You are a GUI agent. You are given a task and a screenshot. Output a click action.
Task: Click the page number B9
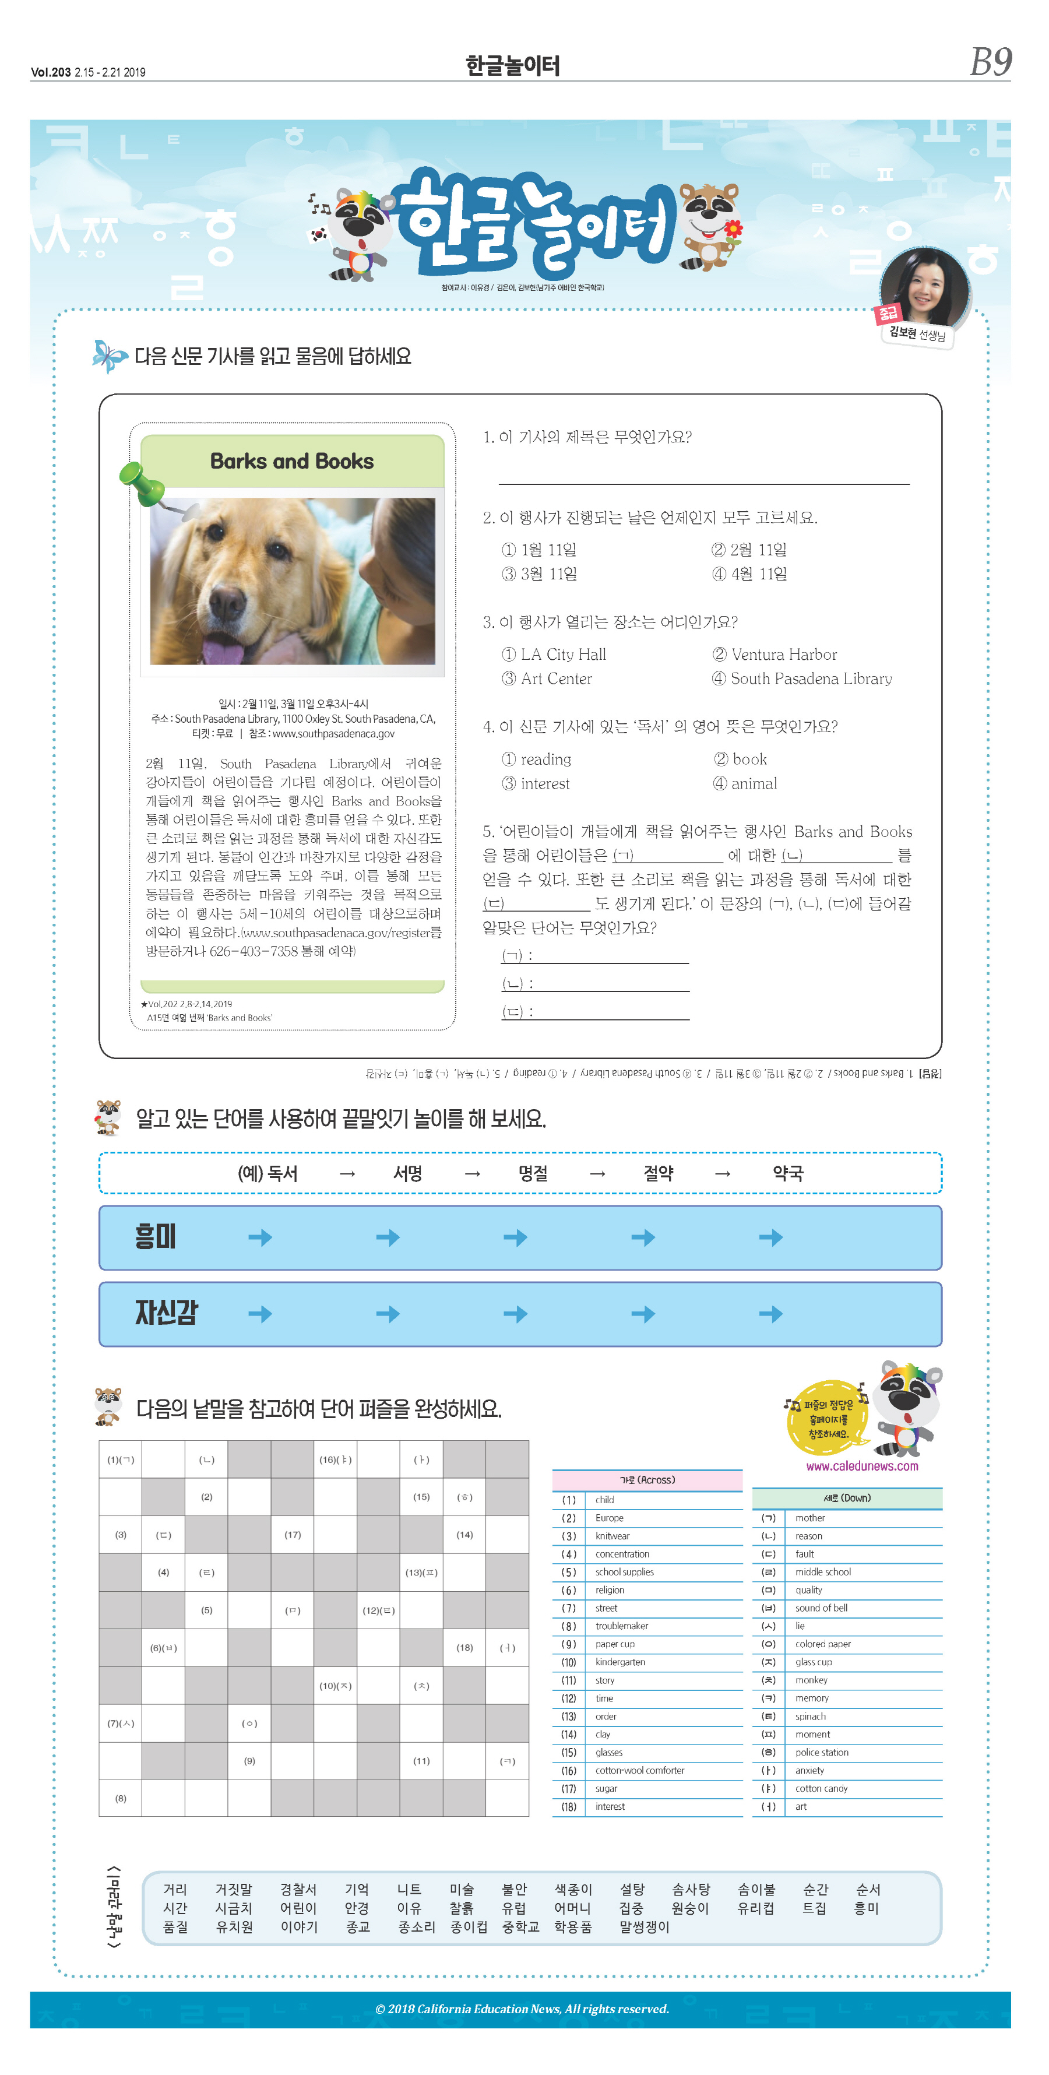(990, 62)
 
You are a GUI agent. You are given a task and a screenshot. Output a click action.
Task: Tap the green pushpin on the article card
(142, 481)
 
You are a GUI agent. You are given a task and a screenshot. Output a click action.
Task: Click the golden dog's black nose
(227, 600)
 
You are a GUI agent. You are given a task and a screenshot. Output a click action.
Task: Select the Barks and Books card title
(291, 460)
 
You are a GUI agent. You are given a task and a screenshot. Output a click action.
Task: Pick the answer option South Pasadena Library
(802, 678)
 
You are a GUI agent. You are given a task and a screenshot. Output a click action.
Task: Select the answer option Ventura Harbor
(775, 654)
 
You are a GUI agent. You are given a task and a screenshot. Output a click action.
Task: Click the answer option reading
(537, 759)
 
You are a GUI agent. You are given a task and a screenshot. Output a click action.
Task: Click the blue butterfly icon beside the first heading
(109, 355)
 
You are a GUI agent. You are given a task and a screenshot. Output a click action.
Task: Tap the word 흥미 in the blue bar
(156, 1236)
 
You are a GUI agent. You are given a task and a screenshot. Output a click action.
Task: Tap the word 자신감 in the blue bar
(166, 1312)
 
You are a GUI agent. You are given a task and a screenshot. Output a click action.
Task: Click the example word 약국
(787, 1173)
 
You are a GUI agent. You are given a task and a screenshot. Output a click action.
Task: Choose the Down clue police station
(821, 1752)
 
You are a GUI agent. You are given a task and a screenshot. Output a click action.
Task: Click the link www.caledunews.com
(861, 1466)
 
